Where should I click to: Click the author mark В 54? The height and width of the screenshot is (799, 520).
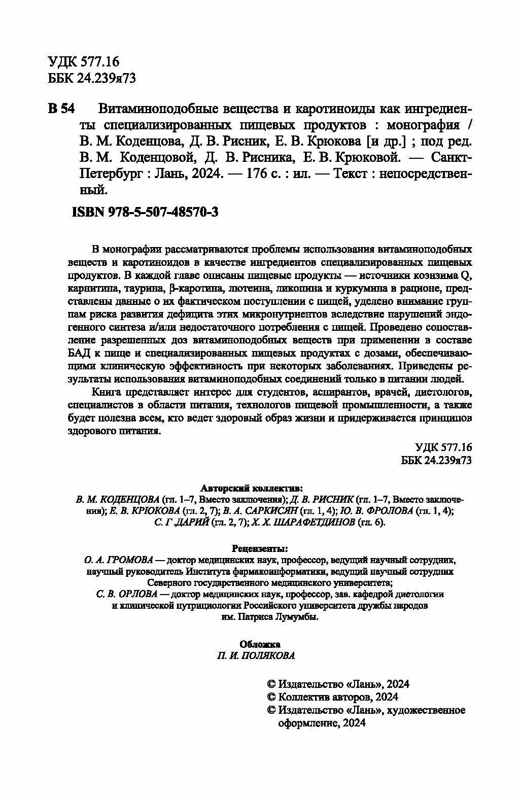tap(61, 109)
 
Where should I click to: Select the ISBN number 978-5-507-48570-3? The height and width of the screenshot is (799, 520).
tap(163, 213)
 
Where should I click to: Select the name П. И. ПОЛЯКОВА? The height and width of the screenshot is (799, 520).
tap(260, 655)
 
